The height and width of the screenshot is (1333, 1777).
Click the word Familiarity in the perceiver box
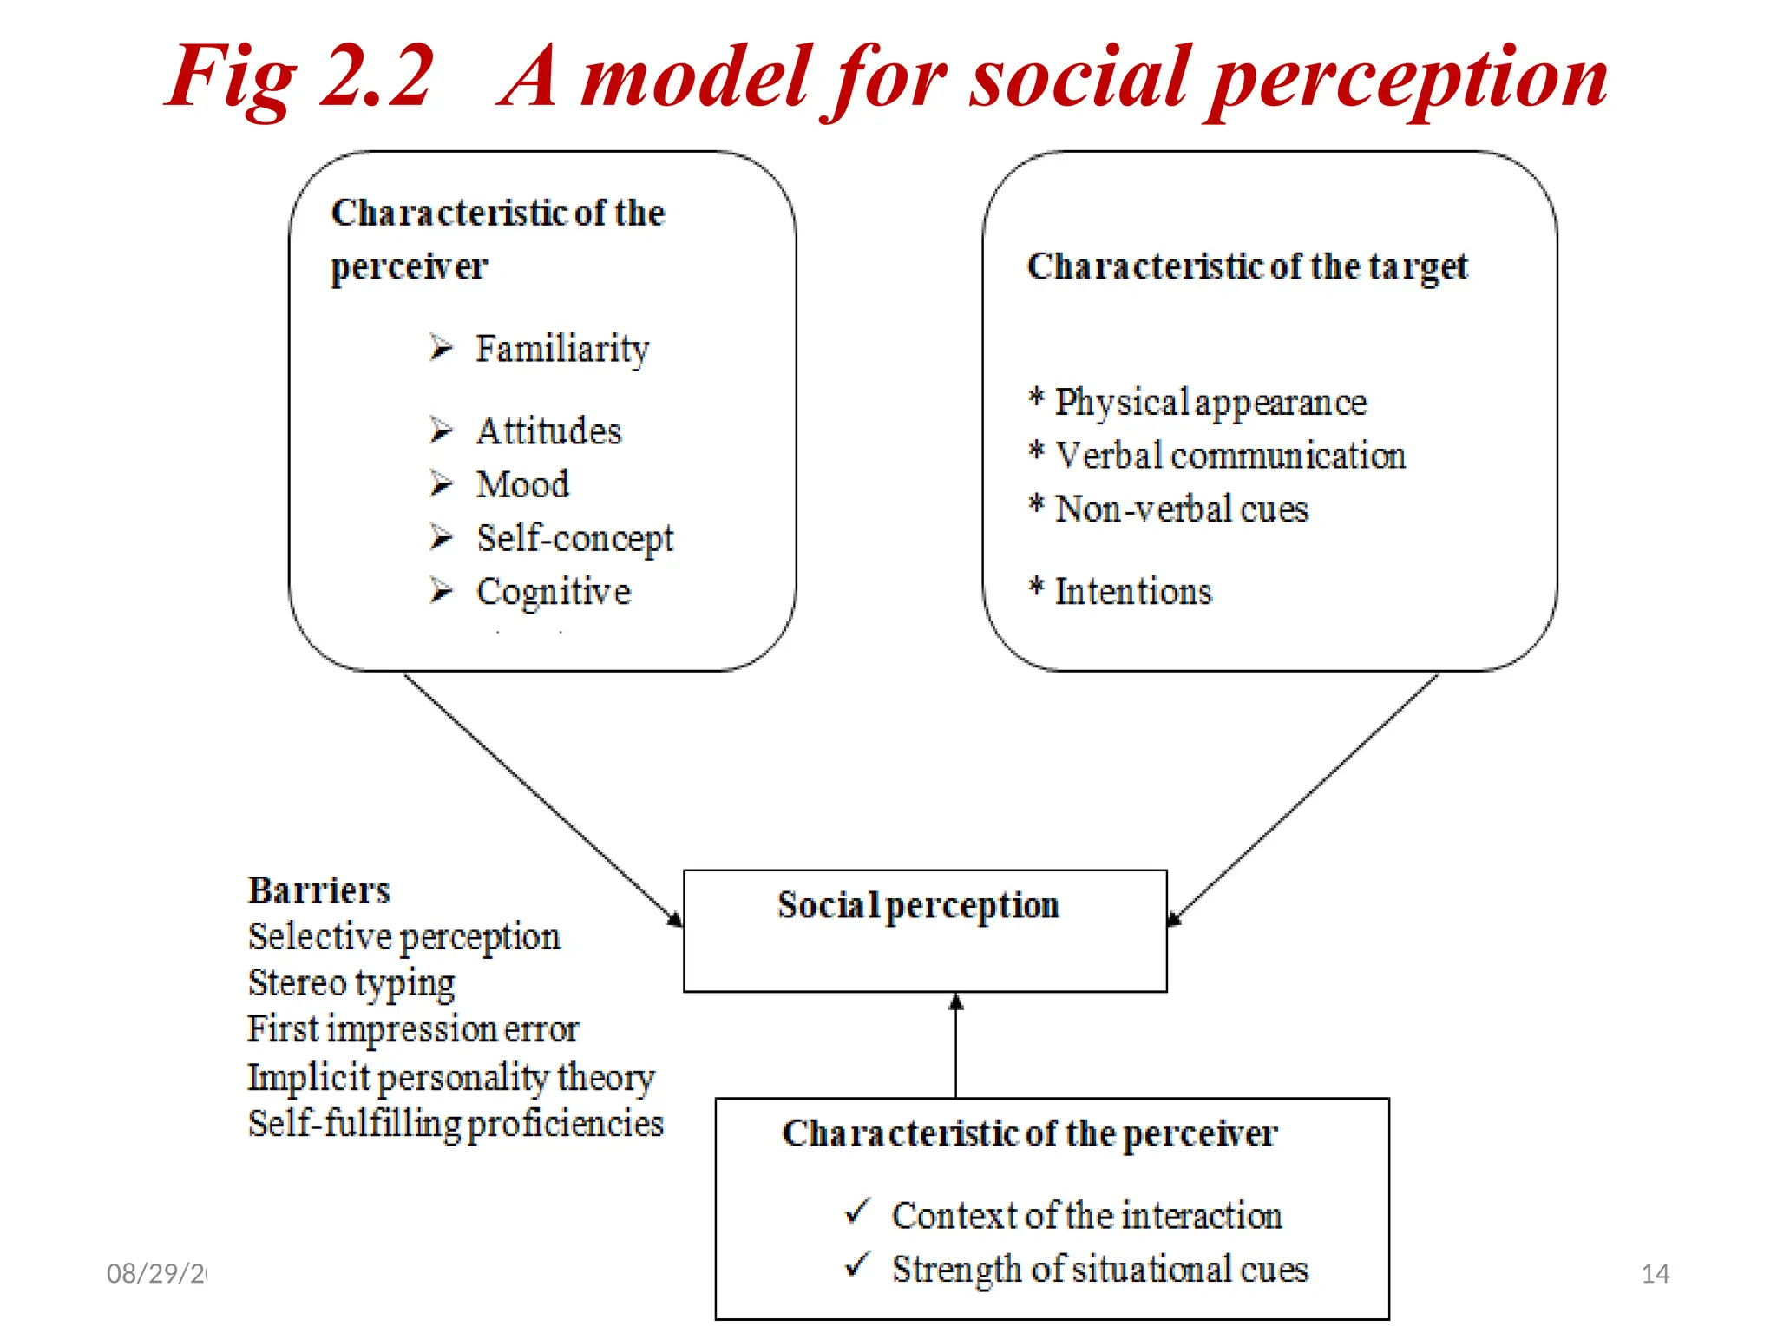click(561, 349)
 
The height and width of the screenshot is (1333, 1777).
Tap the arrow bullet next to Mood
click(441, 483)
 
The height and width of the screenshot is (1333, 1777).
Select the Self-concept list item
click(574, 538)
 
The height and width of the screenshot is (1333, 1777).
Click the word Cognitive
click(554, 592)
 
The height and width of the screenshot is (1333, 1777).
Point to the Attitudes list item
click(548, 431)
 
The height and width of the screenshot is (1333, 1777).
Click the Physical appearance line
click(1210, 403)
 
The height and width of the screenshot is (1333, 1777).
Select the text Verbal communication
click(1229, 456)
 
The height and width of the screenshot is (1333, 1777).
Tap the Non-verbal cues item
click(1180, 509)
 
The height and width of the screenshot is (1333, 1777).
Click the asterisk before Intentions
click(1036, 588)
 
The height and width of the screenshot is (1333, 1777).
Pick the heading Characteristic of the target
click(1247, 266)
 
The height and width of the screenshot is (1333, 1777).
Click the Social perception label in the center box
click(918, 905)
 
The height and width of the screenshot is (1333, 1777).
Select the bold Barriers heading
click(318, 890)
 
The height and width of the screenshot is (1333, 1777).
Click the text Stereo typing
click(351, 983)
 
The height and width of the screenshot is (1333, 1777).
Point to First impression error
click(413, 1029)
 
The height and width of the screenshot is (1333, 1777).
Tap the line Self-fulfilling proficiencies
click(456, 1123)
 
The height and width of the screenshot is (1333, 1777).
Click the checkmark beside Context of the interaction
click(856, 1212)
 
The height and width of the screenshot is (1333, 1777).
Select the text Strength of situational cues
click(1099, 1270)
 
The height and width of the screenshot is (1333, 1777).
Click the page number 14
click(1655, 1273)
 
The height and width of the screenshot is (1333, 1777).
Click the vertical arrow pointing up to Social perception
click(955, 1046)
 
